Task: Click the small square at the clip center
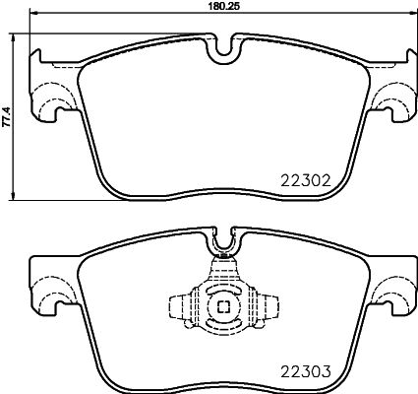coord(224,306)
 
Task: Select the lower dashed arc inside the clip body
coord(224,326)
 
